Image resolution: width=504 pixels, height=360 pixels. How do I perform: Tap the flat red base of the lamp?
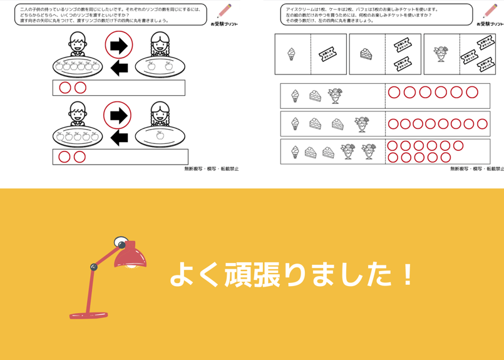88,315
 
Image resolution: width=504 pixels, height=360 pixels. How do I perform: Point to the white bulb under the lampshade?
132,266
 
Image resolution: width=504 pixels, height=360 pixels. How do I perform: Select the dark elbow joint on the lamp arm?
94,267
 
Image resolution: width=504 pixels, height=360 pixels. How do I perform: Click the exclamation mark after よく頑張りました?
408,275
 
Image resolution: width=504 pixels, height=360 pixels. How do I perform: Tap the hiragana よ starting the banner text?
182,275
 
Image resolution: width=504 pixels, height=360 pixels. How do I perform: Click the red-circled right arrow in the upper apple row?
118,45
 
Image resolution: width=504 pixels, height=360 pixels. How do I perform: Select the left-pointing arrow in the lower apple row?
119,137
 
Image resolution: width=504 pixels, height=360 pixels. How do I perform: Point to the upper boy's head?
77,43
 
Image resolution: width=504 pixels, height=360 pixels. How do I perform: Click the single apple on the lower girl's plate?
160,133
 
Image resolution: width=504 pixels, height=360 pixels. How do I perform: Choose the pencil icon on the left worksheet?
224,11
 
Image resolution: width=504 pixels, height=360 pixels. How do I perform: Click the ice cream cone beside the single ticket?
292,54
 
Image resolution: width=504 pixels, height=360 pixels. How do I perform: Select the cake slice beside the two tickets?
366,54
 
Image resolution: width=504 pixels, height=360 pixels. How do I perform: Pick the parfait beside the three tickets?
441,53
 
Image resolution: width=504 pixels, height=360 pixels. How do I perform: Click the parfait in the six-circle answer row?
335,95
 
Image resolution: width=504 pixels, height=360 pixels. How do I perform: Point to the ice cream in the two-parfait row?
295,152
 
